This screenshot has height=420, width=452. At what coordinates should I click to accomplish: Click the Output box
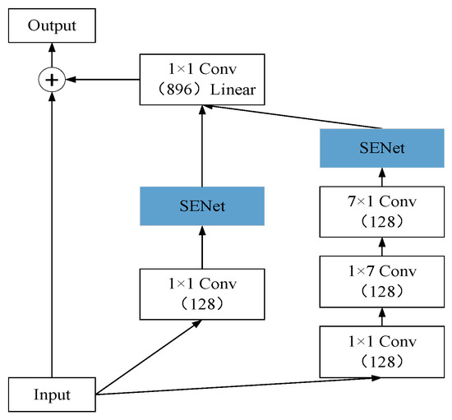click(52, 26)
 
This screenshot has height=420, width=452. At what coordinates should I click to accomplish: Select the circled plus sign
click(52, 80)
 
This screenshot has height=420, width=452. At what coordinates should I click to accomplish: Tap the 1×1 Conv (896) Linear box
click(201, 80)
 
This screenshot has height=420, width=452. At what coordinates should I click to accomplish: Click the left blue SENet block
click(201, 206)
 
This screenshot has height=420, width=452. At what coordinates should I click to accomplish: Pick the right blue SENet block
click(381, 148)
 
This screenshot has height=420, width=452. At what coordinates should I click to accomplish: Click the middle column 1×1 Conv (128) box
click(201, 293)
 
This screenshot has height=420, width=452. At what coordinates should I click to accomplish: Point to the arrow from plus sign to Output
click(52, 58)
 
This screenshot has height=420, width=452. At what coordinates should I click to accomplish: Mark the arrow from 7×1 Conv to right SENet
click(381, 177)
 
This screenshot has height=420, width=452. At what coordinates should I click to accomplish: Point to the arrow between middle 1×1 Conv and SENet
click(201, 247)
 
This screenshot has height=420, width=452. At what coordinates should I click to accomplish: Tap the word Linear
click(234, 90)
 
